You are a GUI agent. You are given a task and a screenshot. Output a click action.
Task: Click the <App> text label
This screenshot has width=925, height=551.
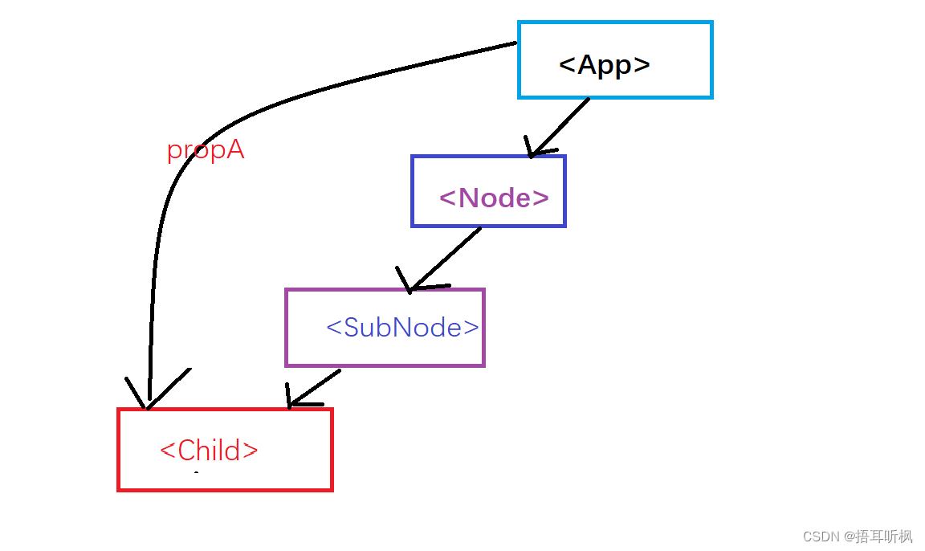[x=604, y=64]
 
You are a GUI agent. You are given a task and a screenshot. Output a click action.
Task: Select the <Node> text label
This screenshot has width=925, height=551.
[x=494, y=197]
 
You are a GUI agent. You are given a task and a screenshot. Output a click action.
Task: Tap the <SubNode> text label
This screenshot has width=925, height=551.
[x=402, y=327]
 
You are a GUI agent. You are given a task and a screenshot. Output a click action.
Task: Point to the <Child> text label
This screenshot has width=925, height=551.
[x=209, y=450]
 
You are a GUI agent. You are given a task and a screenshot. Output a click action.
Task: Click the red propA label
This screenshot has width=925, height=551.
[x=206, y=150]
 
